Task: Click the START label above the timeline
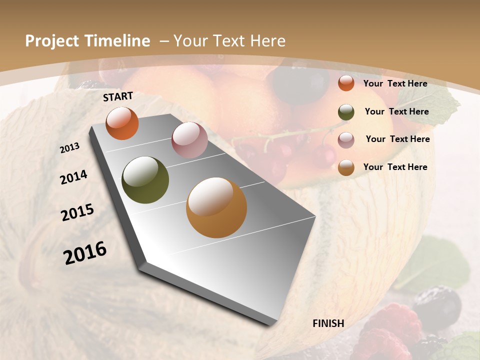[x=118, y=96]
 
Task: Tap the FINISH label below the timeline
[x=328, y=323]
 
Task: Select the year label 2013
[x=70, y=148]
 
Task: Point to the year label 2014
[x=73, y=177]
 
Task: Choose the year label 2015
[x=77, y=212]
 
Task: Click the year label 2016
[x=85, y=252]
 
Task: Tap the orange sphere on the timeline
[x=122, y=123]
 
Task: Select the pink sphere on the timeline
[x=189, y=140]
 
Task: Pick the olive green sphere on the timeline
[x=145, y=180]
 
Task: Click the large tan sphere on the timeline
[x=216, y=207]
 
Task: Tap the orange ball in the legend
[x=346, y=83]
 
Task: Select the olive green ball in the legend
[x=346, y=112]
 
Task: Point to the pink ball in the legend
[x=346, y=140]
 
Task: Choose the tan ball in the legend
[x=346, y=168]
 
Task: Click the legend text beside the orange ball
[x=395, y=83]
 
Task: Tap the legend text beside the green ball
[x=396, y=111]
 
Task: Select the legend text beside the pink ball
[x=397, y=139]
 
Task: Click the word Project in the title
[x=53, y=41]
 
